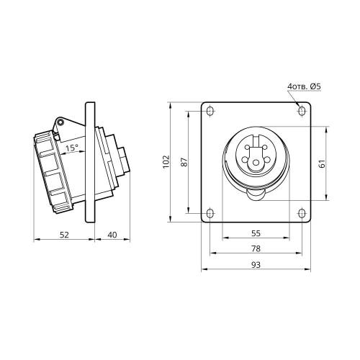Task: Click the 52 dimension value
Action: point(64,235)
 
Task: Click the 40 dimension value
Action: point(112,235)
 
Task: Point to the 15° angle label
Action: point(72,148)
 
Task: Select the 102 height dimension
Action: point(166,162)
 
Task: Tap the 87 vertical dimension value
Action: point(184,162)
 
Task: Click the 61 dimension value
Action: point(323,163)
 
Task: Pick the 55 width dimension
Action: point(256,233)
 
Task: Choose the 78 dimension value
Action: point(256,248)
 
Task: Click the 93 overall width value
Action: point(256,265)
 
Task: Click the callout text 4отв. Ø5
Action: point(304,86)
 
